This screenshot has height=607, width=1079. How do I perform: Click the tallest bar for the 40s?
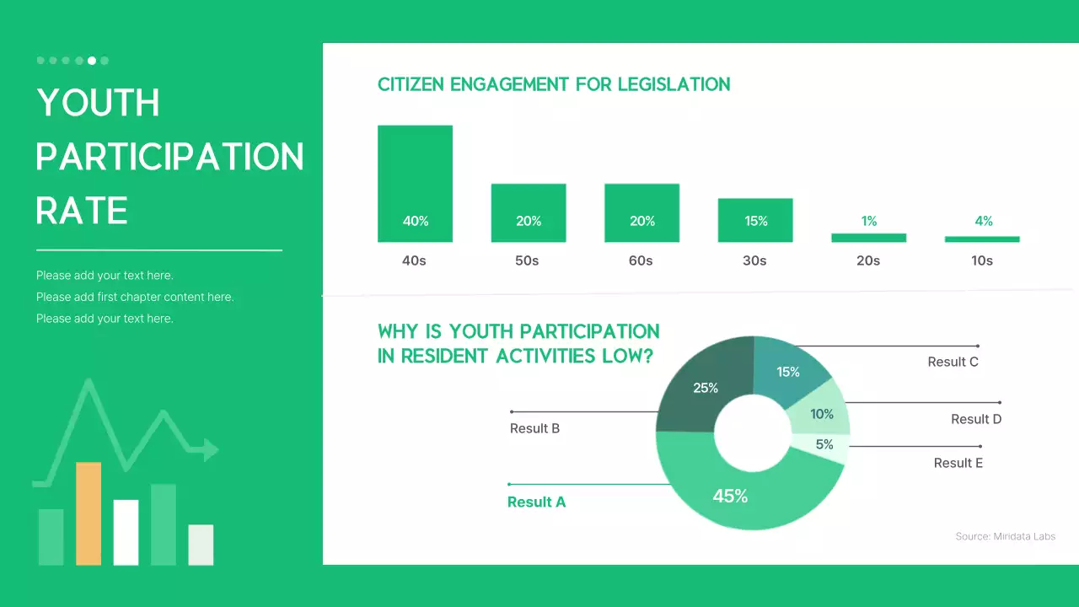415,183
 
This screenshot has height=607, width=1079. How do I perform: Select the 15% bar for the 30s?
755,220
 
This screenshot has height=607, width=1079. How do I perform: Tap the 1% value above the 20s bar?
869,221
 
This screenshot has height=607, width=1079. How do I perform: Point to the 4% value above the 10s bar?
983,221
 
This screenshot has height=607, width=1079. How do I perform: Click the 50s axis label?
527,261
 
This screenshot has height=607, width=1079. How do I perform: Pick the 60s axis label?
641,261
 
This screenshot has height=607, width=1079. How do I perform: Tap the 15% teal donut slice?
787,371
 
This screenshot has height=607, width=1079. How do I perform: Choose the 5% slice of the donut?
823,444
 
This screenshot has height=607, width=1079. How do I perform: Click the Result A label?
536,502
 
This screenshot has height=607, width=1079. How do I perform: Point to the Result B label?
534,428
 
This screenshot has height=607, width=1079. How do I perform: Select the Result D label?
976,419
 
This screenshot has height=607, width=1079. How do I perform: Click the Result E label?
958,463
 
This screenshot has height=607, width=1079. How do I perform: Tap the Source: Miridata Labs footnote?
1005,536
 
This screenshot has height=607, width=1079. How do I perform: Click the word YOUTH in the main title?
99,103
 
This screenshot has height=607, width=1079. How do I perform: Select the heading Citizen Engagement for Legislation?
554,84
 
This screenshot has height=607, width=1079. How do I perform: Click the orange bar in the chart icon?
89,513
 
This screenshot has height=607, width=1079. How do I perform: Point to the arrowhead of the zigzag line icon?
210,449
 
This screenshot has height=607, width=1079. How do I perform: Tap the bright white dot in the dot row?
92,61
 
